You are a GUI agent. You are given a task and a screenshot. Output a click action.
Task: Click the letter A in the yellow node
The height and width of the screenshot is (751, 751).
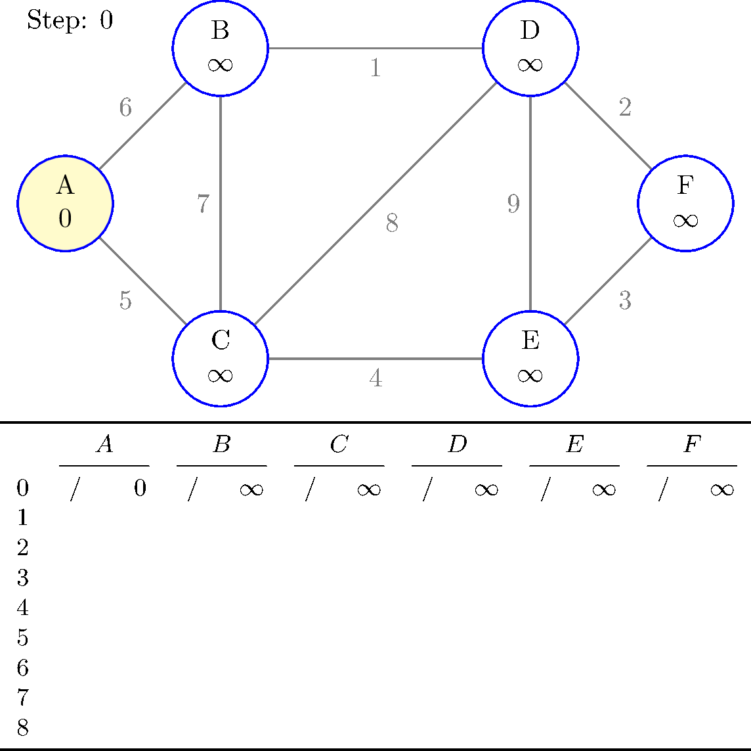(65, 186)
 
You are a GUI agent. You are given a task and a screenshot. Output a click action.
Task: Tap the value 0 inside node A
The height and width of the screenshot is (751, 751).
(65, 218)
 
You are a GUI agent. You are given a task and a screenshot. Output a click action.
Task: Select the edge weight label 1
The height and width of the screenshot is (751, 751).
(375, 68)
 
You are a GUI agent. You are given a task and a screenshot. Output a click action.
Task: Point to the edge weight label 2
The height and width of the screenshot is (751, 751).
(625, 107)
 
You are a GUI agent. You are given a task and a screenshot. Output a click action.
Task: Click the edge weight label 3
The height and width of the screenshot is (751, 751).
(625, 300)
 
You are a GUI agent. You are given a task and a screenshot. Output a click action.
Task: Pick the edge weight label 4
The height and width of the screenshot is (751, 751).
(375, 378)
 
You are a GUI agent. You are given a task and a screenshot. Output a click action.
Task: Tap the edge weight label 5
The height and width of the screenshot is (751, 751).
(125, 300)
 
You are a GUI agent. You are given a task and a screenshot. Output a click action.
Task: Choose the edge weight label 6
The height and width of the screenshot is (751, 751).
(125, 107)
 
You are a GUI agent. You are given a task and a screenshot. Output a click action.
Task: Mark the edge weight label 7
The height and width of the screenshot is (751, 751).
(204, 204)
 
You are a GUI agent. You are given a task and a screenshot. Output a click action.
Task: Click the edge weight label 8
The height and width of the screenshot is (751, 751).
(392, 224)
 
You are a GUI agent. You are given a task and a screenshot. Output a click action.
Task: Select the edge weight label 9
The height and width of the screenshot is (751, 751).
(513, 204)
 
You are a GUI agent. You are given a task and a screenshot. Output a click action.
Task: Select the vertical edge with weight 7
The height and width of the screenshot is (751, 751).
(221, 158)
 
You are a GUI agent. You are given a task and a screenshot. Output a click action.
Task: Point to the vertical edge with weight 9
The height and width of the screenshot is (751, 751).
(530, 263)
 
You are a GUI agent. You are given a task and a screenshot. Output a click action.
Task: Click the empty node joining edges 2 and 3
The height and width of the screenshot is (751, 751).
(685, 203)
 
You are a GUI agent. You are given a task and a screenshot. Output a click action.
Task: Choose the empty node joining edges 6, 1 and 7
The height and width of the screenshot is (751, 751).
(221, 48)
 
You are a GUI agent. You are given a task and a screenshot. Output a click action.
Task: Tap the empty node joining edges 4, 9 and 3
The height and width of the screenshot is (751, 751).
(530, 359)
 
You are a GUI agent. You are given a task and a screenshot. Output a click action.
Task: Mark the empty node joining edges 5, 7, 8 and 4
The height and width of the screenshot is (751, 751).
(221, 359)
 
